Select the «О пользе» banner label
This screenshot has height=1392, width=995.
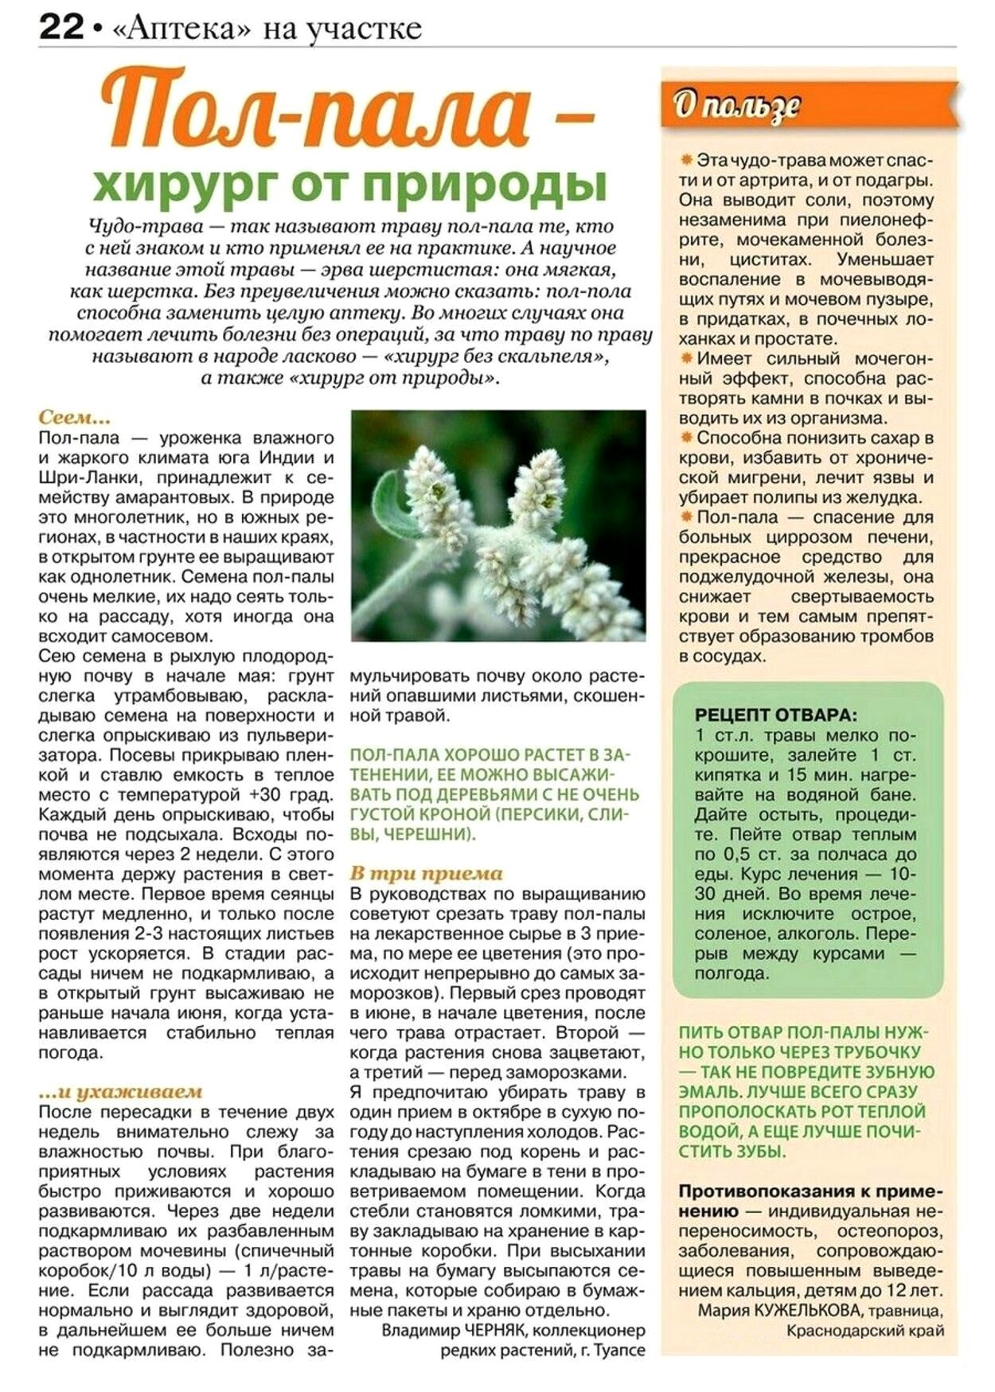[736, 105]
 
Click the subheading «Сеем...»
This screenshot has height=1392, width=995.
[74, 418]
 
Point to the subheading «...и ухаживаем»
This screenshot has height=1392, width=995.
[120, 1092]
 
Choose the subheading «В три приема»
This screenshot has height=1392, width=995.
[426, 873]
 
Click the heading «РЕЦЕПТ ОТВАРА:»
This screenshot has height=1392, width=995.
[775, 714]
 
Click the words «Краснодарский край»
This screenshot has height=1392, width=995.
[865, 1330]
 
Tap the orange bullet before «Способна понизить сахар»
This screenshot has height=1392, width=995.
[686, 438]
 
